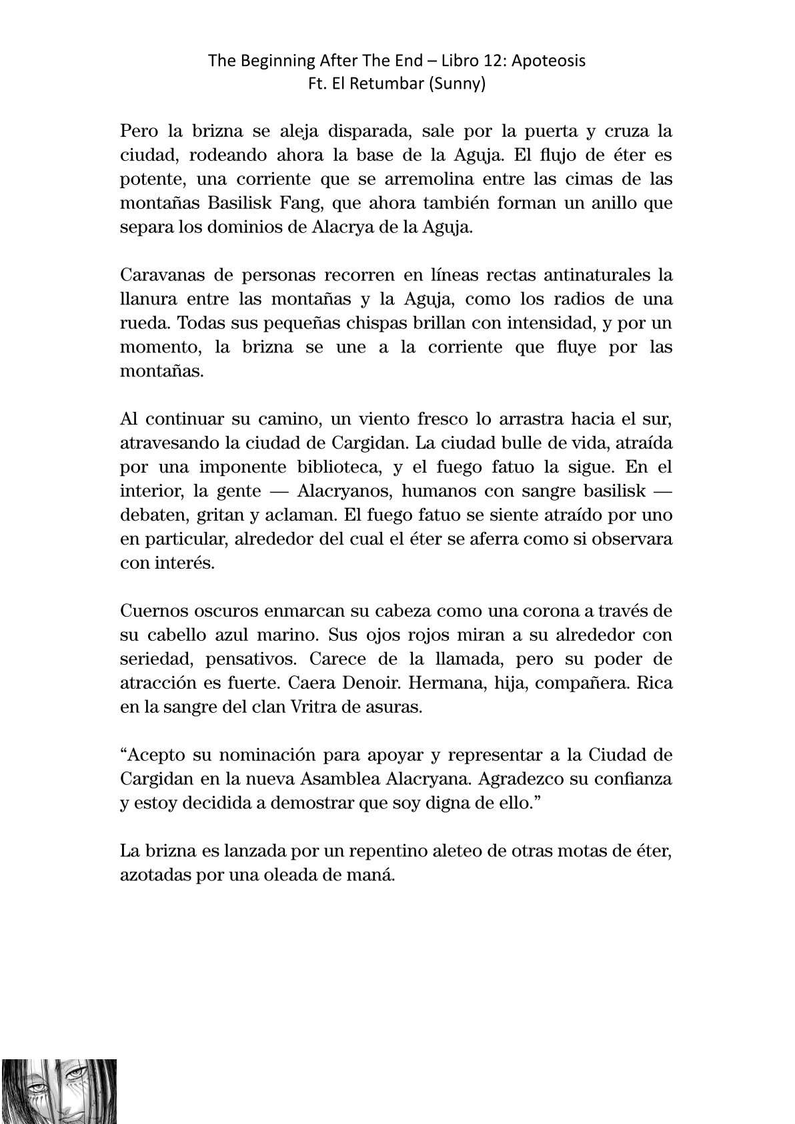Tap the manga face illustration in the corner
coord(59,1091)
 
